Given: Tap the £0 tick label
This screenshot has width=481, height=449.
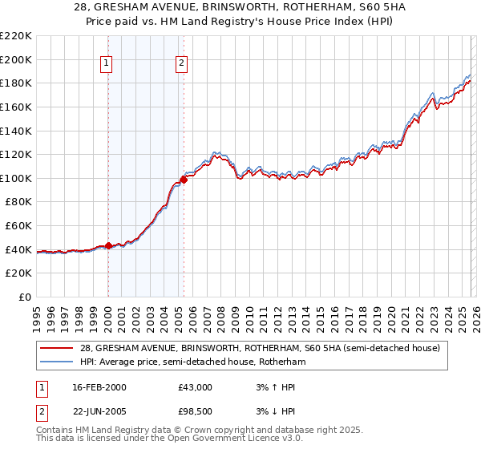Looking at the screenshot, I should click(24, 297).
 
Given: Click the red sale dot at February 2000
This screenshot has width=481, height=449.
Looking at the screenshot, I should click(108, 245).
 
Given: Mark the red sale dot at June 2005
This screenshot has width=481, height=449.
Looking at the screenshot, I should click(184, 180).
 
